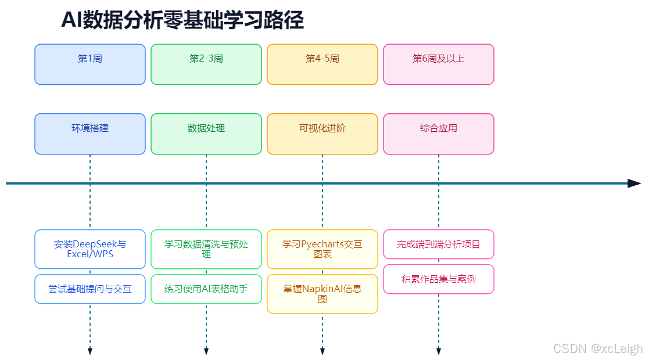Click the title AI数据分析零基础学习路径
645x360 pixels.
(x=182, y=20)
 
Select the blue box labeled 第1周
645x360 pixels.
(x=90, y=64)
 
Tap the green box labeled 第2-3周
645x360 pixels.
(x=206, y=64)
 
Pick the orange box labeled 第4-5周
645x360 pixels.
(x=322, y=64)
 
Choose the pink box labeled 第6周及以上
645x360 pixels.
(x=439, y=64)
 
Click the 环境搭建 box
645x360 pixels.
(x=90, y=134)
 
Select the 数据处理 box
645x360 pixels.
(x=206, y=134)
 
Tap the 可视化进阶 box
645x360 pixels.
(x=322, y=134)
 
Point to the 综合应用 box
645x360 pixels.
(x=439, y=134)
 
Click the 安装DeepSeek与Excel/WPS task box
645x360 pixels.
(x=90, y=249)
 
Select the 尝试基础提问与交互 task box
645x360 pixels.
(x=90, y=289)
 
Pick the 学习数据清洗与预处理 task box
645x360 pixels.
(x=206, y=249)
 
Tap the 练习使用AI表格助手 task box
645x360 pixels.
(x=206, y=289)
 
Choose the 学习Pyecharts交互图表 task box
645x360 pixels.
(x=322, y=249)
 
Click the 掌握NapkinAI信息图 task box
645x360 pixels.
(x=322, y=294)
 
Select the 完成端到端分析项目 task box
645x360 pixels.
(x=439, y=244)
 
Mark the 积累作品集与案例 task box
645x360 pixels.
(x=439, y=279)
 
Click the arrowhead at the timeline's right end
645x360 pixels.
(x=635, y=183)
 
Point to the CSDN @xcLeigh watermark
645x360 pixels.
(x=598, y=348)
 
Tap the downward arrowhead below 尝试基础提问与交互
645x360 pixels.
(x=90, y=351)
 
